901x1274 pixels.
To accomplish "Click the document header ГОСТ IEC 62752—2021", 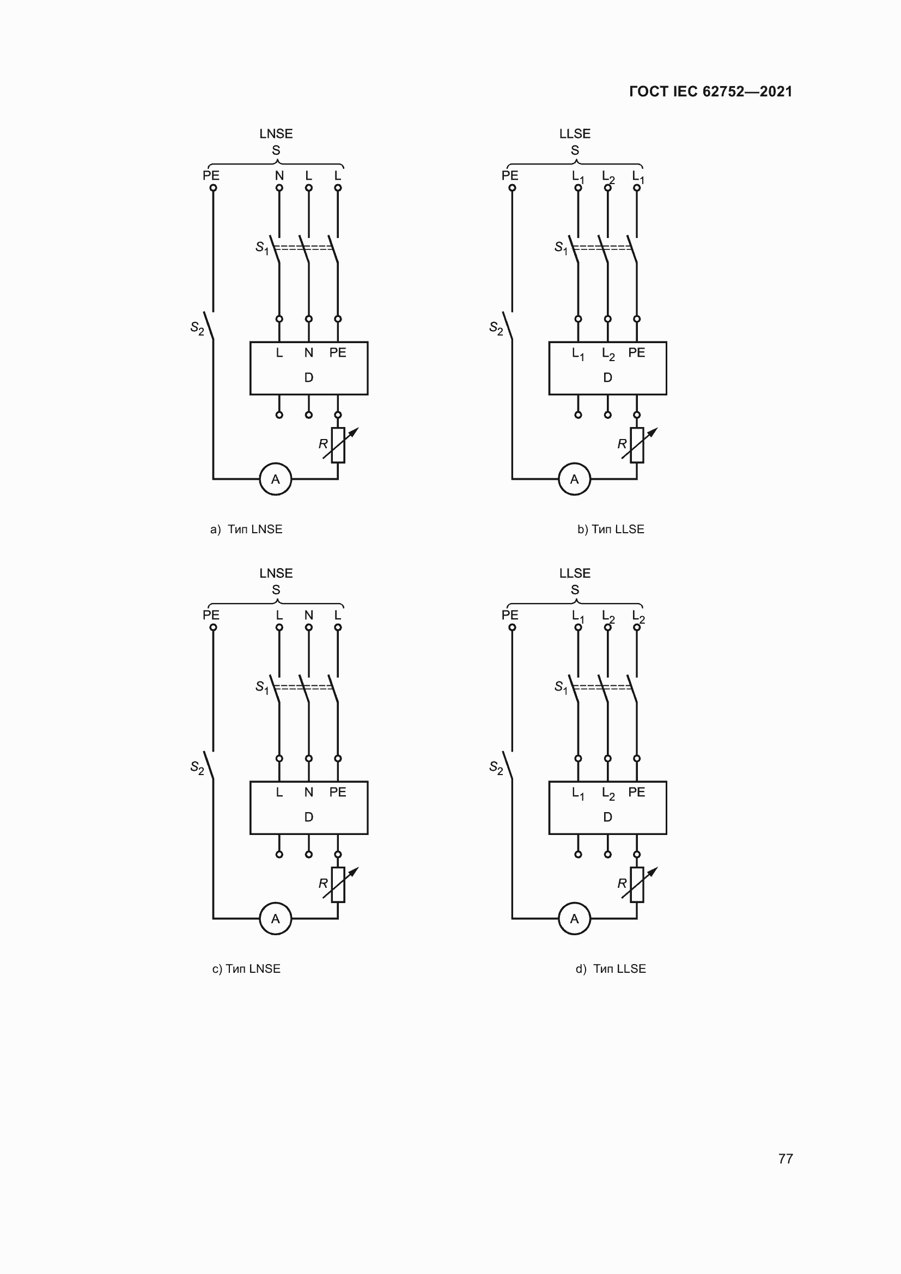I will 710,92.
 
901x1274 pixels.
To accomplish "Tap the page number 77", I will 785,1158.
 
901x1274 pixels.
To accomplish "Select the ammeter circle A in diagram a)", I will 275,479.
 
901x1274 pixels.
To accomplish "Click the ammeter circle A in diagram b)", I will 574,479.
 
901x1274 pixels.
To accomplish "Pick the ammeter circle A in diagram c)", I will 275,918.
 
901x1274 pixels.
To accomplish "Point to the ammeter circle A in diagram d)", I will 574,918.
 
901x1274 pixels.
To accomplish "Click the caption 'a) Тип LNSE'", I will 246,529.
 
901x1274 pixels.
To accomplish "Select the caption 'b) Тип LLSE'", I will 610,529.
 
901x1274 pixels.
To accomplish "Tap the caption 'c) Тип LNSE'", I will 246,968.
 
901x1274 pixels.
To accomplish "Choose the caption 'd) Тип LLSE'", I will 610,968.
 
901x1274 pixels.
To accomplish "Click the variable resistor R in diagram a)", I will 338,445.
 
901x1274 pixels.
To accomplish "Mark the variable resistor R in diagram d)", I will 637,885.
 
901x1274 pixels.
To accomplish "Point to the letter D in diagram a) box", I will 308,377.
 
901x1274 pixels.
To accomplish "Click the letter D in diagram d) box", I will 607,817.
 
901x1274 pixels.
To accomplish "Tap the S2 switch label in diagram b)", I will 495,328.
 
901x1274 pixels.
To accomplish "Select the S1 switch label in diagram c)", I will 261,687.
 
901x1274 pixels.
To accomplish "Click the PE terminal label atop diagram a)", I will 211,175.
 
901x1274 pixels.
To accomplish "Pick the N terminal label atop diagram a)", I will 279,175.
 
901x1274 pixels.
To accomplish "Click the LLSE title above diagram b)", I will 574,134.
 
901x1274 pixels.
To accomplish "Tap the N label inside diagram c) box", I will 308,792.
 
